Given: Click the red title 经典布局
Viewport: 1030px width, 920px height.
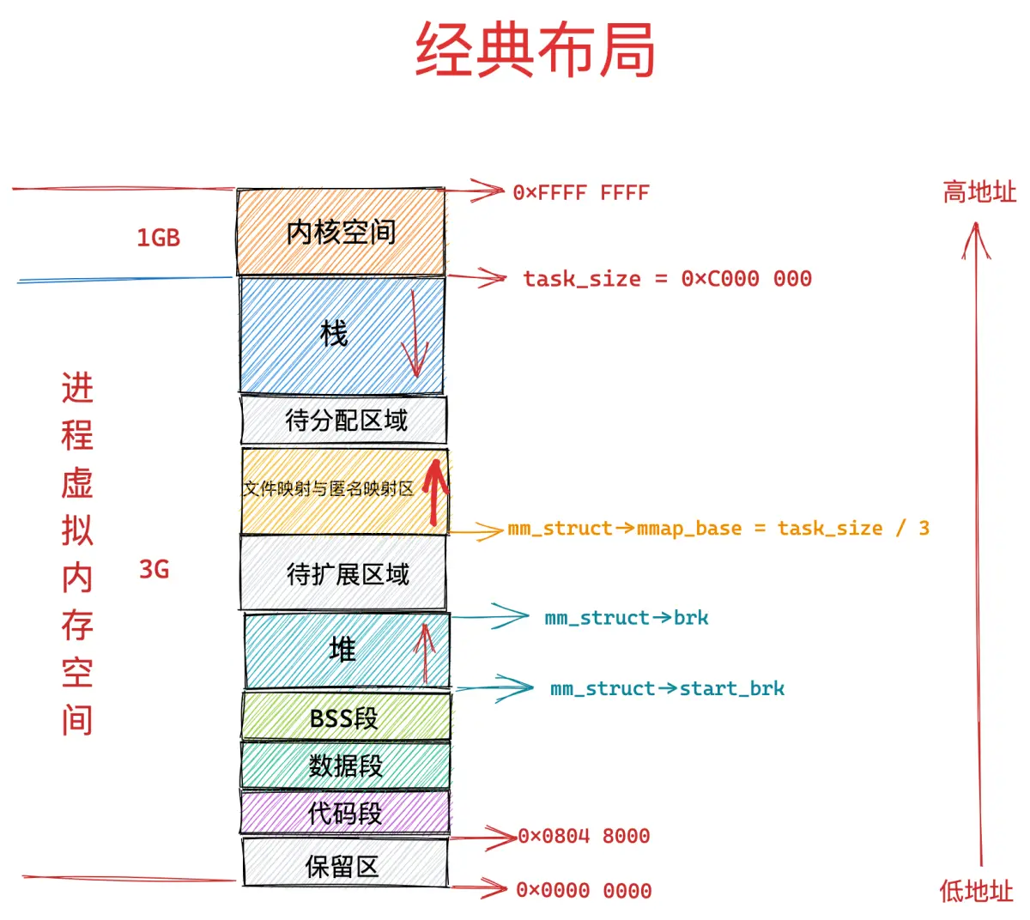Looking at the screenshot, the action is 535,49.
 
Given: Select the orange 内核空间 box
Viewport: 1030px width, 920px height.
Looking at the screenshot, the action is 341,232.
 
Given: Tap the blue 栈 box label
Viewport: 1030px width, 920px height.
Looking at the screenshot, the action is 334,334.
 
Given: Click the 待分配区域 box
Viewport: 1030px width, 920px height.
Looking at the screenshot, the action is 344,420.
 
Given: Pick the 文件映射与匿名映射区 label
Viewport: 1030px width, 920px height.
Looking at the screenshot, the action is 329,488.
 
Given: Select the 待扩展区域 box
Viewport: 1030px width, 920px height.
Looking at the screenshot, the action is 343,573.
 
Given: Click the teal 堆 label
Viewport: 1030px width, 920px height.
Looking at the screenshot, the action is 342,649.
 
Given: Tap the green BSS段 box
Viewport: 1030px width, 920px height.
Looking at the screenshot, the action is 346,717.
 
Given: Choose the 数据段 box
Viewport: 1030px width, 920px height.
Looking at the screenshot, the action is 346,765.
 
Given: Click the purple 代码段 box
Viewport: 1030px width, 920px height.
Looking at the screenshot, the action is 345,813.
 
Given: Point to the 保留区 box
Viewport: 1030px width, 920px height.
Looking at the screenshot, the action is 345,862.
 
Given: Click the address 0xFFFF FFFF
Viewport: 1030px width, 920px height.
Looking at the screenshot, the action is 581,192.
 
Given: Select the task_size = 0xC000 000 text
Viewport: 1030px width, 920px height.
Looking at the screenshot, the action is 668,279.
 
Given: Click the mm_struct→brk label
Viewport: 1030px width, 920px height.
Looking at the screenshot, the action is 627,618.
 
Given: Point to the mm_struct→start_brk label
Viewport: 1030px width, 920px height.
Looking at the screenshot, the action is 667,689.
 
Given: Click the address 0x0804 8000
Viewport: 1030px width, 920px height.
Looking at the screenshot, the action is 585,836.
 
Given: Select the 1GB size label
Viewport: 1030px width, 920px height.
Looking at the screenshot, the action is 158,238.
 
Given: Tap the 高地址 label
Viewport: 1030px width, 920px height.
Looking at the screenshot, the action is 979,191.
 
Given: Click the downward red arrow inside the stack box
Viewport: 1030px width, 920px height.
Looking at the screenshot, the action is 415,334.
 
